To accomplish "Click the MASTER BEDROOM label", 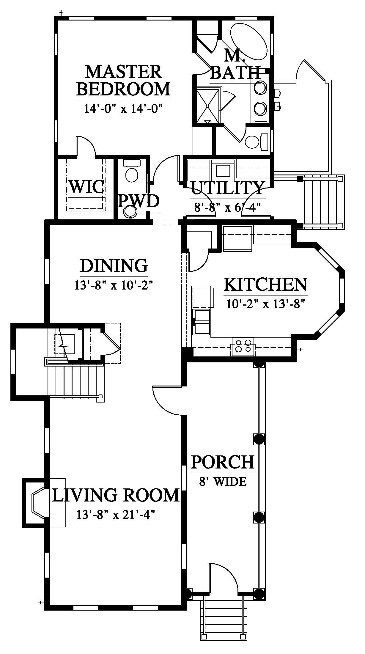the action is click(123, 80).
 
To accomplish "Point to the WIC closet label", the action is click(86, 187).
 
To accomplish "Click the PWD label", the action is click(139, 202).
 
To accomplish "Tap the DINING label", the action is click(114, 265).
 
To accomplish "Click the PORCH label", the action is click(223, 462).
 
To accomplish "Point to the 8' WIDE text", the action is click(223, 481).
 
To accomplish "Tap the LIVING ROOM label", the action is click(116, 495).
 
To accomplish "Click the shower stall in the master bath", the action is click(207, 105).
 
